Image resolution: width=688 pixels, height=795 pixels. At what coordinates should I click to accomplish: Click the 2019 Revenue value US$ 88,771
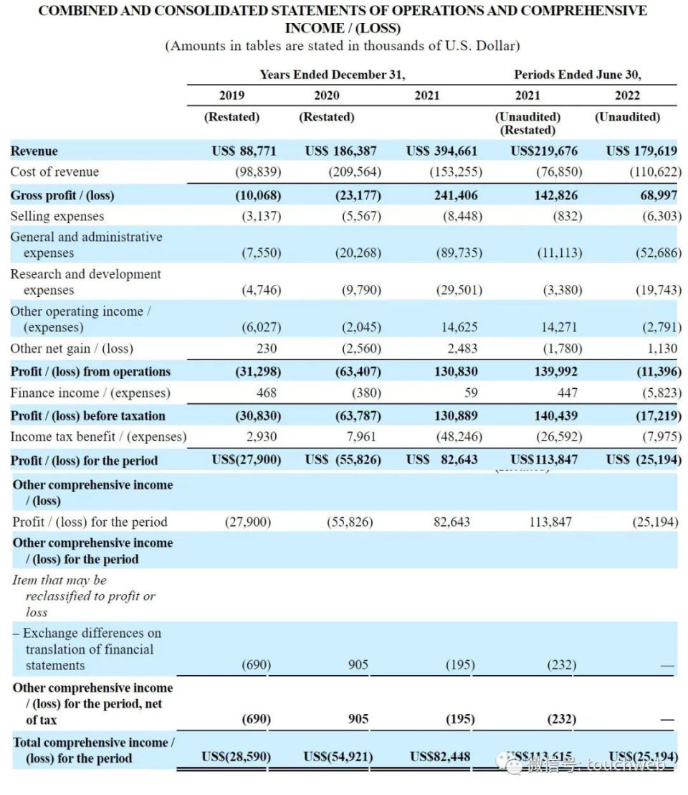pos(244,151)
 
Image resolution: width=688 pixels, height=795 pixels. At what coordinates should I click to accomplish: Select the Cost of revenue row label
pos(54,171)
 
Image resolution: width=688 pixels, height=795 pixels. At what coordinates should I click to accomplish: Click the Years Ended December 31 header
pos(333,74)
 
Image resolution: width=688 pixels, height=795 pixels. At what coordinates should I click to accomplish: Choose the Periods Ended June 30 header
pos(578,74)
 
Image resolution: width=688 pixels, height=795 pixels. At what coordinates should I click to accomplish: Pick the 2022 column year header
pos(627,95)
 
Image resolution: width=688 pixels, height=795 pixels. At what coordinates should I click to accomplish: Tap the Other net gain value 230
pos(266,349)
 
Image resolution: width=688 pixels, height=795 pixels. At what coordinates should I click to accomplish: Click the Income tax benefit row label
pos(97,436)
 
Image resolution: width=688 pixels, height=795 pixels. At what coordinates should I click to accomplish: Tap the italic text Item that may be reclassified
pos(83,596)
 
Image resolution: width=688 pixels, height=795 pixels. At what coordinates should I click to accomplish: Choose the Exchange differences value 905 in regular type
pos(358,665)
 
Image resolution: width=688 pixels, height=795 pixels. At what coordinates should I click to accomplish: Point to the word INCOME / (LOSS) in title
pos(343,28)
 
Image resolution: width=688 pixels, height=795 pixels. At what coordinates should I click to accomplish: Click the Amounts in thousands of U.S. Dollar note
pos(343,46)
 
